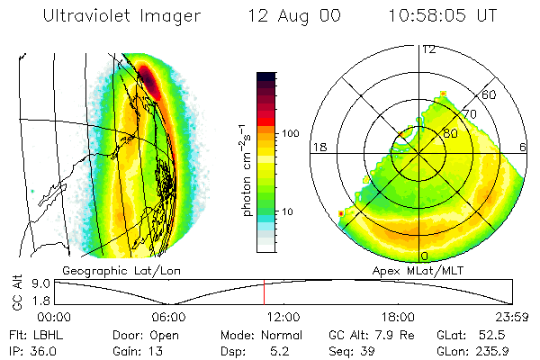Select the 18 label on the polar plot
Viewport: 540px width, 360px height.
pyautogui.click(x=318, y=146)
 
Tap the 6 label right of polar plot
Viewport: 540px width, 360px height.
pyautogui.click(x=524, y=146)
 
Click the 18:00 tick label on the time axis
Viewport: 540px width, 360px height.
pyautogui.click(x=398, y=317)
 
